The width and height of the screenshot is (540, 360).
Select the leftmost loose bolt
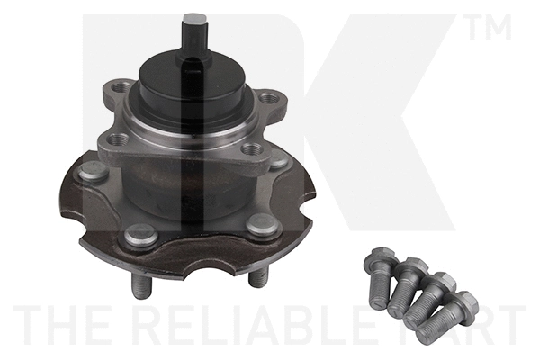coord(379,278)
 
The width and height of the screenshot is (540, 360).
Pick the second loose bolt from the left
coord(408,286)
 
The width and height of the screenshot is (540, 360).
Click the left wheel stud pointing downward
coord(139,285)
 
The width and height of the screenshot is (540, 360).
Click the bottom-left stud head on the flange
coord(141,236)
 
